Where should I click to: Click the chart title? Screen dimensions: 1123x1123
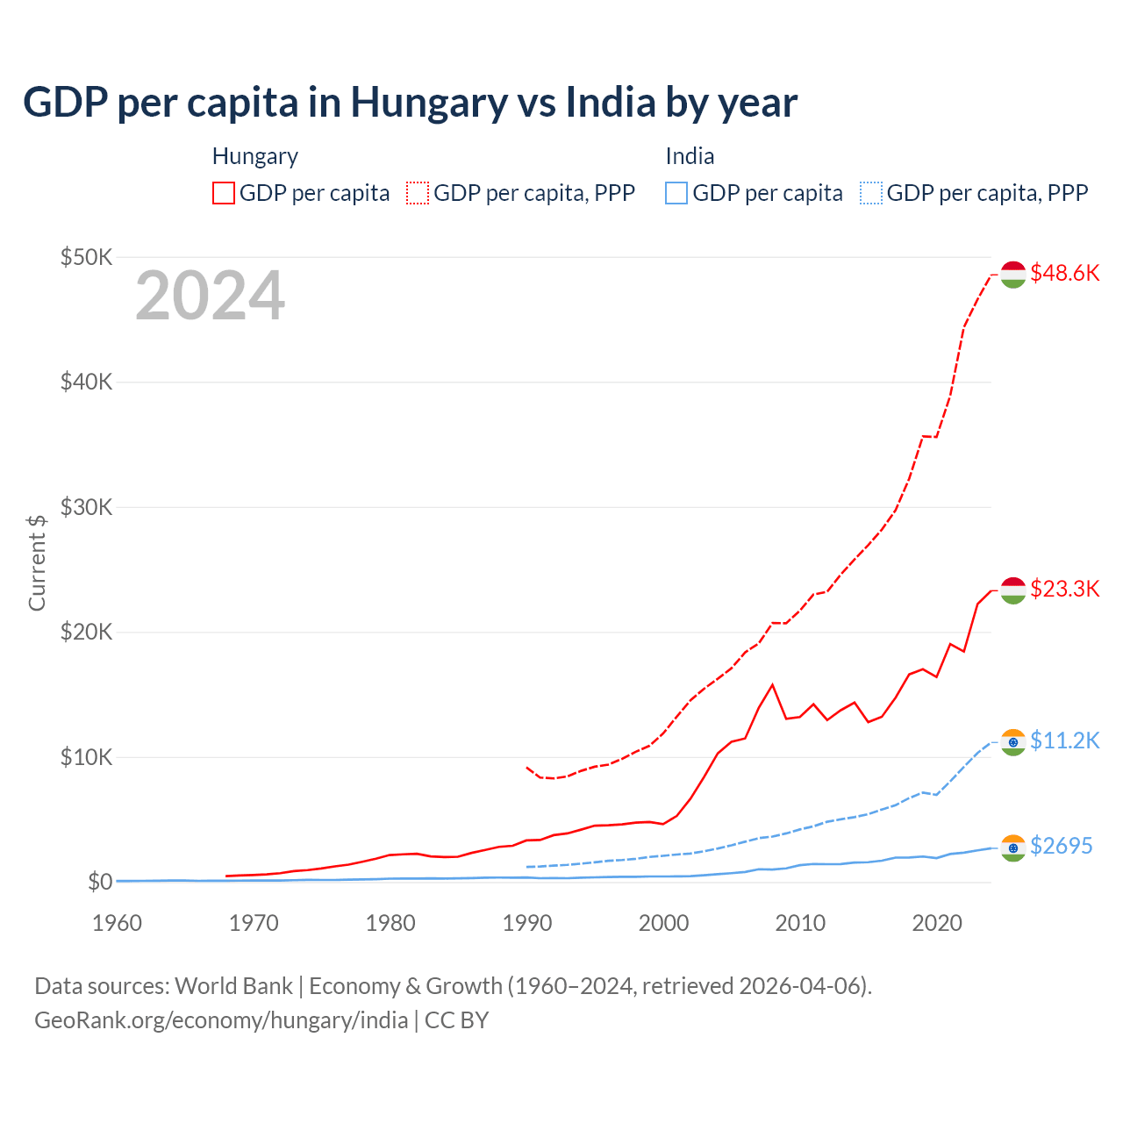[410, 103]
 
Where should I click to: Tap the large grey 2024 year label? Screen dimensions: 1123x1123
[211, 296]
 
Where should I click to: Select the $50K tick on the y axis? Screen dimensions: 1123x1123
[86, 257]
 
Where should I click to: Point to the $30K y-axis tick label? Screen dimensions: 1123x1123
[86, 507]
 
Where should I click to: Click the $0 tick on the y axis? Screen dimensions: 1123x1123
[99, 882]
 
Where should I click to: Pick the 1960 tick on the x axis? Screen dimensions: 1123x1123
[117, 923]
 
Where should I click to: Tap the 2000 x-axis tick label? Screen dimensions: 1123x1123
[663, 923]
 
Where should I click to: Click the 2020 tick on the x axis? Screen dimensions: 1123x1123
[937, 923]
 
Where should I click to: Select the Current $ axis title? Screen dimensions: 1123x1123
[37, 562]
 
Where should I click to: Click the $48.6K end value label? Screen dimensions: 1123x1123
[1064, 273]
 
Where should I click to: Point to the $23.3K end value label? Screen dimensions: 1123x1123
[1064, 589]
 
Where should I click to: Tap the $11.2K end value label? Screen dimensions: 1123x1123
[1064, 740]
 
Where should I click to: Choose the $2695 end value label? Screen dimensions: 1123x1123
[1061, 846]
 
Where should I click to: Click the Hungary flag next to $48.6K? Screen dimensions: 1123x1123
[1013, 274]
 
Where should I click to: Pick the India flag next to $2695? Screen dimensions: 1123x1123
[1013, 848]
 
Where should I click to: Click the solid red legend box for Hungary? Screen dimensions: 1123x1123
[224, 193]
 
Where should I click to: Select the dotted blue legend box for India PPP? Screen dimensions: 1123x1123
[871, 193]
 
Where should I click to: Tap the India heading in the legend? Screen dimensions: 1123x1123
[690, 156]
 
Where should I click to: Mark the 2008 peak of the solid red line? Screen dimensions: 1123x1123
[772, 684]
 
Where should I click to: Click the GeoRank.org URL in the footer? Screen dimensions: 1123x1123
[221, 1020]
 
